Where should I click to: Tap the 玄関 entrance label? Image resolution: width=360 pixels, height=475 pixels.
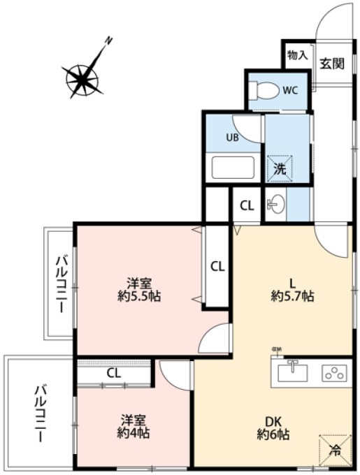click(331, 64)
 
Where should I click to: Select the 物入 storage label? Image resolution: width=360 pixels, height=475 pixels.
click(297, 55)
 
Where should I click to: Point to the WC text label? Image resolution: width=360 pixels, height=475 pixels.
click(290, 89)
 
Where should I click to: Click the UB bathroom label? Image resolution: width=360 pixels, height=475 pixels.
click(231, 137)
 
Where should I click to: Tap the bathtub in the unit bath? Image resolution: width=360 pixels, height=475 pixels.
click(233, 168)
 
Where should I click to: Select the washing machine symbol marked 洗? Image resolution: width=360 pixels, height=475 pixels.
click(279, 168)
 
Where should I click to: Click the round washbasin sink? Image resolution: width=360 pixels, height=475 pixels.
click(276, 205)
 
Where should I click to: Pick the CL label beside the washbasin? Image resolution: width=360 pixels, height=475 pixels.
click(247, 205)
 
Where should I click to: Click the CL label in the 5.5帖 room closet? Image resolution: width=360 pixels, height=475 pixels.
click(217, 265)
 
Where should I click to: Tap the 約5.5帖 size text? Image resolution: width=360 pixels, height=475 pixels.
click(140, 296)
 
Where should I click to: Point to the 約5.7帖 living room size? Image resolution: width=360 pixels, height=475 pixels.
click(293, 296)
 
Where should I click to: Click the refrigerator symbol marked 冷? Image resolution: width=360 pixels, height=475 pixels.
click(335, 451)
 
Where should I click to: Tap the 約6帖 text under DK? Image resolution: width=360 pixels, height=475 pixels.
click(273, 434)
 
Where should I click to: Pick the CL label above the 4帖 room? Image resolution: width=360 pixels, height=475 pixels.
click(114, 372)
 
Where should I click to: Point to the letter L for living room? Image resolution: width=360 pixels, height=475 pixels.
click(293, 283)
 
